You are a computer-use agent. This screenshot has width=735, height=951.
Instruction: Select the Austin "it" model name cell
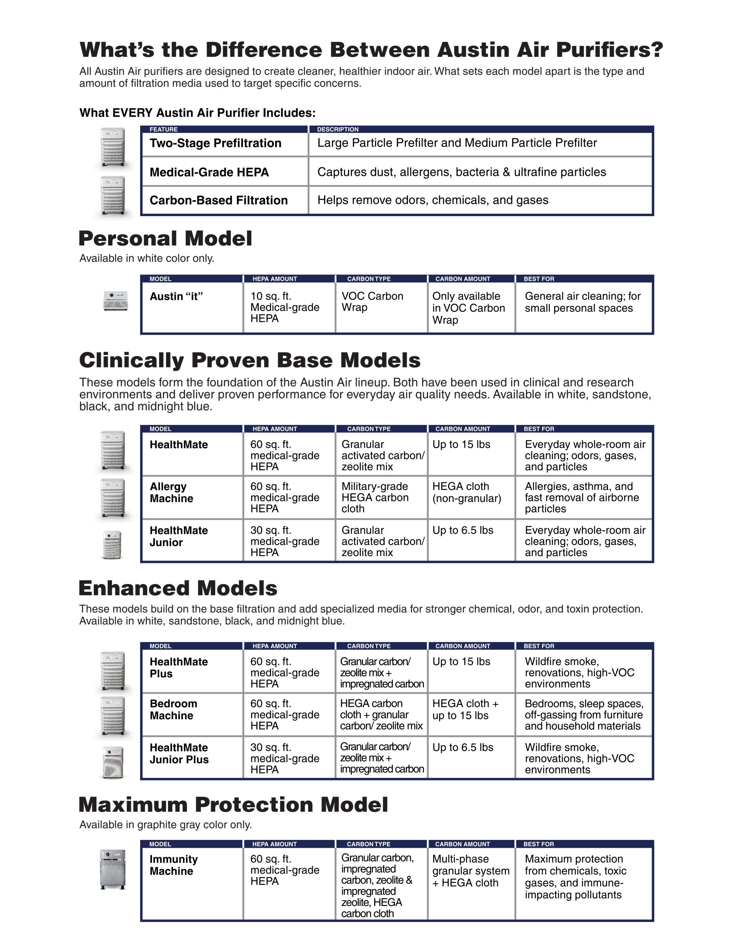[x=176, y=296]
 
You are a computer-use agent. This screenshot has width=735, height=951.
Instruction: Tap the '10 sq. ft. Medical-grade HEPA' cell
[x=285, y=308]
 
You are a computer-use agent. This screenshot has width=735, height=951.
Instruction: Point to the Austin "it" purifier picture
[x=116, y=301]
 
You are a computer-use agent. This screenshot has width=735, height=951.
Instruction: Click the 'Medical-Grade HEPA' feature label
[x=209, y=172]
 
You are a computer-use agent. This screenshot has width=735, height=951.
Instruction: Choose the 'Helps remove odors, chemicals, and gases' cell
[x=433, y=200]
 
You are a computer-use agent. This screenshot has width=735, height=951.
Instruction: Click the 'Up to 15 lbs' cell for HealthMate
[x=461, y=445]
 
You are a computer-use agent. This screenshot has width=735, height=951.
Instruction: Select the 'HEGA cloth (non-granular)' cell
[x=466, y=493]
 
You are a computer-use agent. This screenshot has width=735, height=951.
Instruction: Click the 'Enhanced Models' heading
[x=178, y=588]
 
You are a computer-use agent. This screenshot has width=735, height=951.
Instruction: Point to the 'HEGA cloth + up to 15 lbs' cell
[x=465, y=710]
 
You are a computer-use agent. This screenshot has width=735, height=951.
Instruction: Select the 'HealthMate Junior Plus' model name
[x=179, y=754]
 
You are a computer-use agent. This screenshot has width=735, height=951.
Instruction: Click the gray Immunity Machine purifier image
[x=113, y=869]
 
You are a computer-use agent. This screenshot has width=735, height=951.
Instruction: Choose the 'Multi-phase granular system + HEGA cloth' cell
[x=470, y=871]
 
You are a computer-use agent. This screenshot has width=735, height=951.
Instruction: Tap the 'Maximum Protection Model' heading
[x=233, y=805]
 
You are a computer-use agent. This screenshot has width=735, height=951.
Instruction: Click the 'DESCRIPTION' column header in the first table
[x=338, y=129]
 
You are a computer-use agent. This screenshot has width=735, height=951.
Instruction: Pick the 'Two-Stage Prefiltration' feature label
[x=215, y=143]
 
